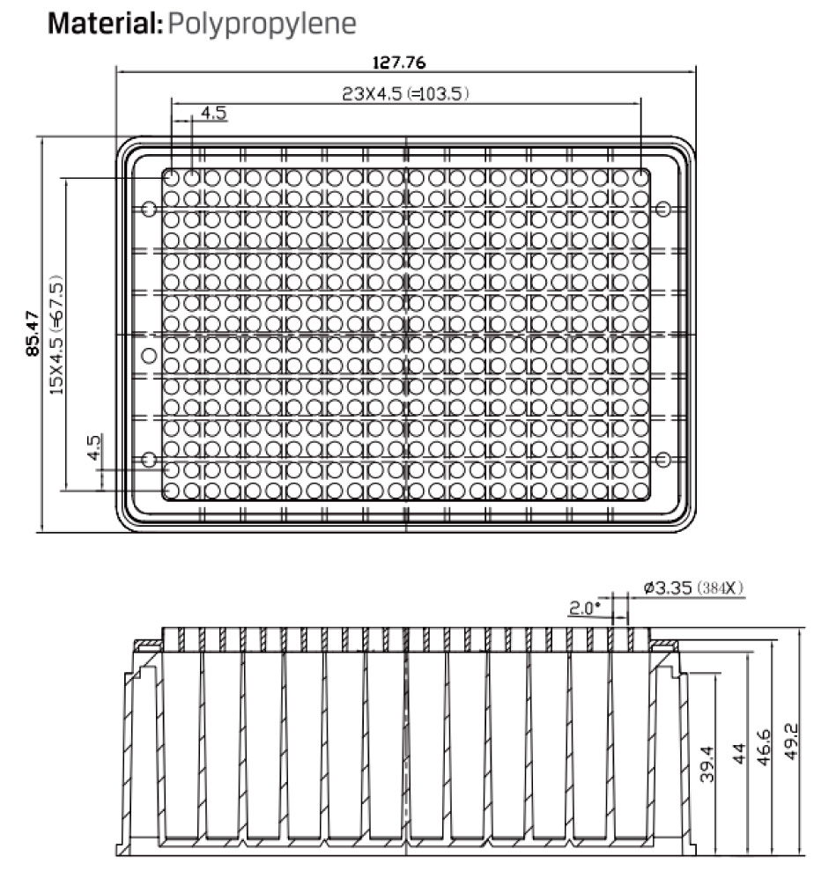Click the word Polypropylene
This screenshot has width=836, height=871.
tap(262, 25)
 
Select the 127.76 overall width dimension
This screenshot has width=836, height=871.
tap(399, 63)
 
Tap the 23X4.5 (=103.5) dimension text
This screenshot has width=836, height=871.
tap(405, 93)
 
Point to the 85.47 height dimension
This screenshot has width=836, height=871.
tap(33, 333)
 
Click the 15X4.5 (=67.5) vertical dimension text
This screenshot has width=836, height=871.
tap(56, 335)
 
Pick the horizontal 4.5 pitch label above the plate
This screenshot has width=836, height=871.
tap(213, 113)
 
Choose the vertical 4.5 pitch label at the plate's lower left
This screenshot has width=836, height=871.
tap(94, 447)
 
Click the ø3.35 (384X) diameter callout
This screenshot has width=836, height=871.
tap(693, 587)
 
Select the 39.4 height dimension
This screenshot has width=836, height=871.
tap(707, 764)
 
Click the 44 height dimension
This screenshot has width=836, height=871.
tap(739, 753)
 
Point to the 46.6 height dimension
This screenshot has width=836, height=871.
tap(765, 748)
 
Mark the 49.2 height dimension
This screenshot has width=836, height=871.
tap(790, 741)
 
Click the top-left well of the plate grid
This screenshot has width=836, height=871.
tap(172, 178)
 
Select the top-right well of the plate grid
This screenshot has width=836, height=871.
tap(641, 178)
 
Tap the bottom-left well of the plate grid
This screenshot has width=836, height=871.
tap(172, 491)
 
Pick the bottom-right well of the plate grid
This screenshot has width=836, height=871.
tap(641, 491)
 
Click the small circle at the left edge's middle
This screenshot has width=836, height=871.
tap(149, 355)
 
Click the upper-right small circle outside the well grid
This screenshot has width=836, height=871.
tap(662, 209)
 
